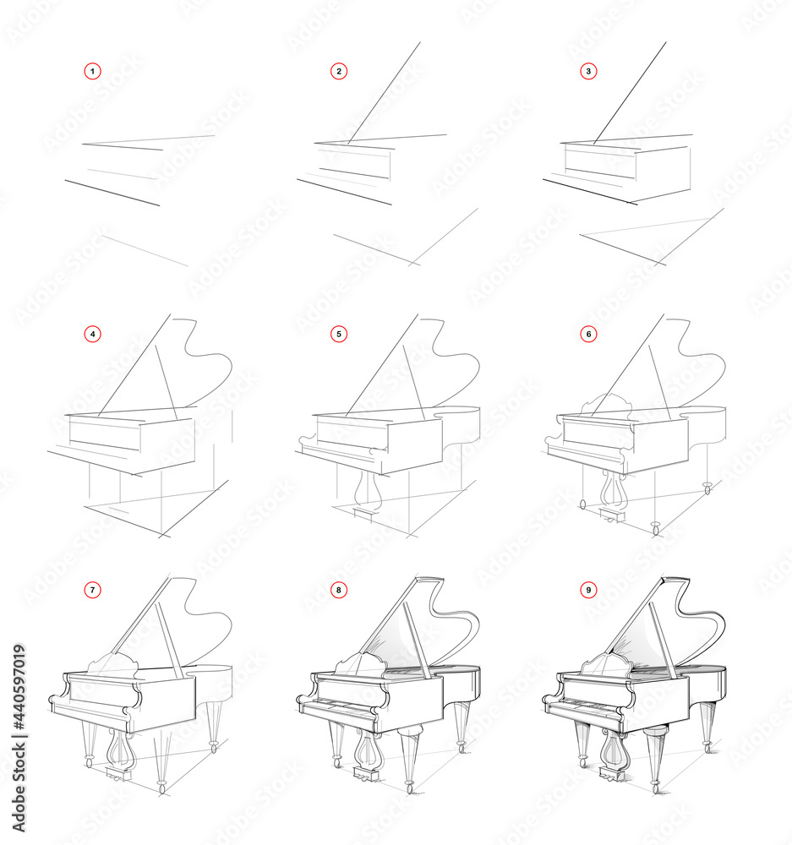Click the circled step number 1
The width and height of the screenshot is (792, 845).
pos(93,72)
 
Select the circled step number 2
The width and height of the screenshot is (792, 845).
pos(339,72)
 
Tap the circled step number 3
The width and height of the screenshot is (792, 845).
pos(588,72)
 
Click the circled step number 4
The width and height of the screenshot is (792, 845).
pos(93,334)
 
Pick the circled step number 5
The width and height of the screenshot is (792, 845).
pos(339,334)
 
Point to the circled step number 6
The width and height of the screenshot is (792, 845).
pos(588,334)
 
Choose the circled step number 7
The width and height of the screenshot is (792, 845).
pos(93,590)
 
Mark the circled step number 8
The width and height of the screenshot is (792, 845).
pos(339,590)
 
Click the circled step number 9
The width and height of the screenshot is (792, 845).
pos(588,590)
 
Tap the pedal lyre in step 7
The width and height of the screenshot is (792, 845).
pos(121,748)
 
